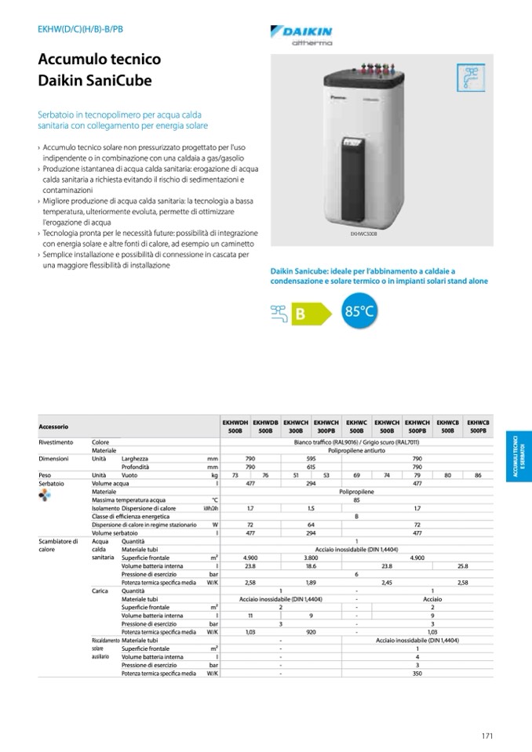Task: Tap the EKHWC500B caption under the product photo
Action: (x=364, y=234)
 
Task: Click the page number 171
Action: (x=486, y=736)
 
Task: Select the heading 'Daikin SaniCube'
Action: (x=95, y=80)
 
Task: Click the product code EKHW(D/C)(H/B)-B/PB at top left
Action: (x=80, y=29)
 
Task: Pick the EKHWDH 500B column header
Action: (x=235, y=427)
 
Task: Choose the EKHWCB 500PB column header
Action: (x=478, y=427)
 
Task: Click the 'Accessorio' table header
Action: (x=54, y=427)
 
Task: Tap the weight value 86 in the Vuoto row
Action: (x=478, y=475)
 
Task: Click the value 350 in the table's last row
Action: (x=417, y=673)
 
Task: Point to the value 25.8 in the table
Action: (x=462, y=565)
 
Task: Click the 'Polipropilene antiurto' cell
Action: (x=357, y=450)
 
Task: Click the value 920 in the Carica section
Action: (x=311, y=631)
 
